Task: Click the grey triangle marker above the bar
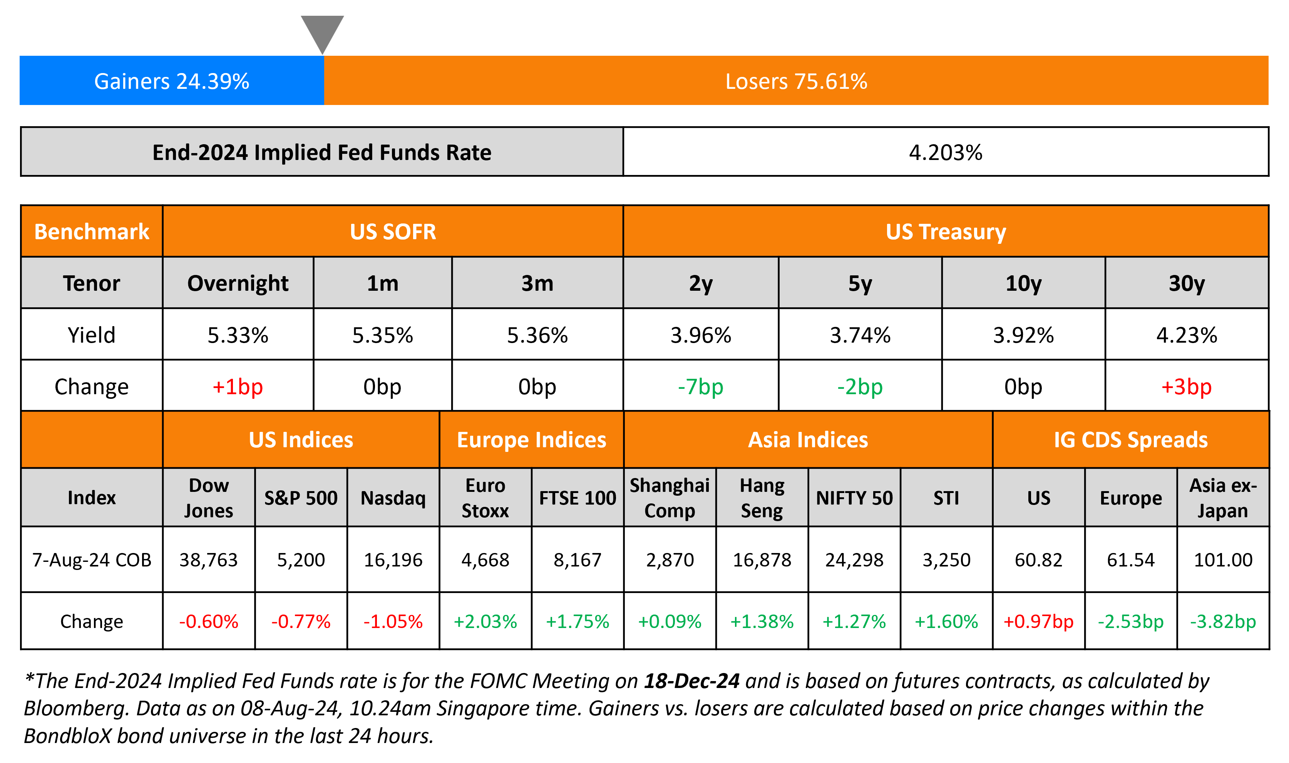[x=322, y=31]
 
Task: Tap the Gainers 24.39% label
[x=171, y=81]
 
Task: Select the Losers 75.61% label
[x=796, y=81]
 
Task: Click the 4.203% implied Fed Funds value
[x=945, y=153]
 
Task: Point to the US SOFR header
[x=393, y=232]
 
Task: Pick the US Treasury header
[x=945, y=232]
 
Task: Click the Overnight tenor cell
[x=238, y=283]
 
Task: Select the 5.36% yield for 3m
[x=537, y=335]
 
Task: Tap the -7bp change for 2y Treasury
[x=700, y=386]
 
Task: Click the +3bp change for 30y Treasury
[x=1186, y=386]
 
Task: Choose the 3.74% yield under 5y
[x=860, y=335]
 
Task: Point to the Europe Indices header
[x=532, y=440]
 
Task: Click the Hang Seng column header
[x=762, y=498]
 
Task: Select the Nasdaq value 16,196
[x=393, y=560]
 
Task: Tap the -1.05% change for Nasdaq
[x=393, y=621]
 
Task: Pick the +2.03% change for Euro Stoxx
[x=485, y=621]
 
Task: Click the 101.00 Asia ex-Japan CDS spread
[x=1223, y=560]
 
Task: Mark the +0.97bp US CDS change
[x=1038, y=621]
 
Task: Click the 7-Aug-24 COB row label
[x=92, y=560]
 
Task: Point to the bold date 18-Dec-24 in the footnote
[x=691, y=681]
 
